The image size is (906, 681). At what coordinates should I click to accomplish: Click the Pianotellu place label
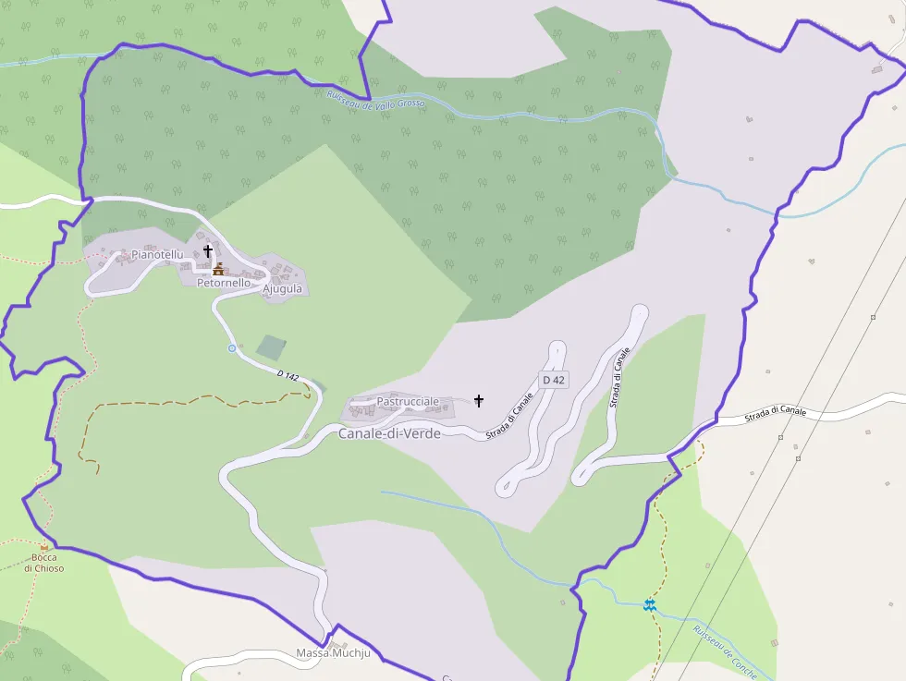click(x=157, y=254)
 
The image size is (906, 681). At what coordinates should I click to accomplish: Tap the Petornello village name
click(x=223, y=283)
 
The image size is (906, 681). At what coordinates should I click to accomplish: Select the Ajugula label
click(x=283, y=288)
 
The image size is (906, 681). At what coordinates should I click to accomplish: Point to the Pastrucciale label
click(x=408, y=402)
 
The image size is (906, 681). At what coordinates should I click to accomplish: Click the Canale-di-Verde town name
click(x=389, y=432)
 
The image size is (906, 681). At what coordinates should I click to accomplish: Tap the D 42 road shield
click(x=554, y=380)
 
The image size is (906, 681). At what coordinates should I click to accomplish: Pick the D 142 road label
click(x=288, y=376)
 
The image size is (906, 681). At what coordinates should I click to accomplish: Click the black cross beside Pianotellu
click(x=208, y=250)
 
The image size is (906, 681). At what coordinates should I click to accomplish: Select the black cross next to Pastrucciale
click(x=479, y=400)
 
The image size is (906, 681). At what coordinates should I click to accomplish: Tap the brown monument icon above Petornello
click(x=219, y=268)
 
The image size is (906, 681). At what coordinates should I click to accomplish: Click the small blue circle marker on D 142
click(x=232, y=347)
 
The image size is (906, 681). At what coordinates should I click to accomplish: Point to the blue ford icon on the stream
click(x=650, y=604)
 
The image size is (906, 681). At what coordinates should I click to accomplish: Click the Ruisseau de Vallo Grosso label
click(x=375, y=99)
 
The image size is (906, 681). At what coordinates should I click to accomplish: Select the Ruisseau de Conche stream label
click(x=726, y=652)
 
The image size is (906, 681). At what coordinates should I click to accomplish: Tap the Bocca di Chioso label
click(x=44, y=563)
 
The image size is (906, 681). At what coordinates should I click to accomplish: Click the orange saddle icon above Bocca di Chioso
click(x=43, y=545)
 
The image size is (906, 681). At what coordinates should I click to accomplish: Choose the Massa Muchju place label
click(x=333, y=653)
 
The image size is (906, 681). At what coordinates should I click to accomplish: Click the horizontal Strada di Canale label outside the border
click(x=776, y=412)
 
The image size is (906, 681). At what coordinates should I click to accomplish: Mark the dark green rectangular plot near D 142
click(x=271, y=347)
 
